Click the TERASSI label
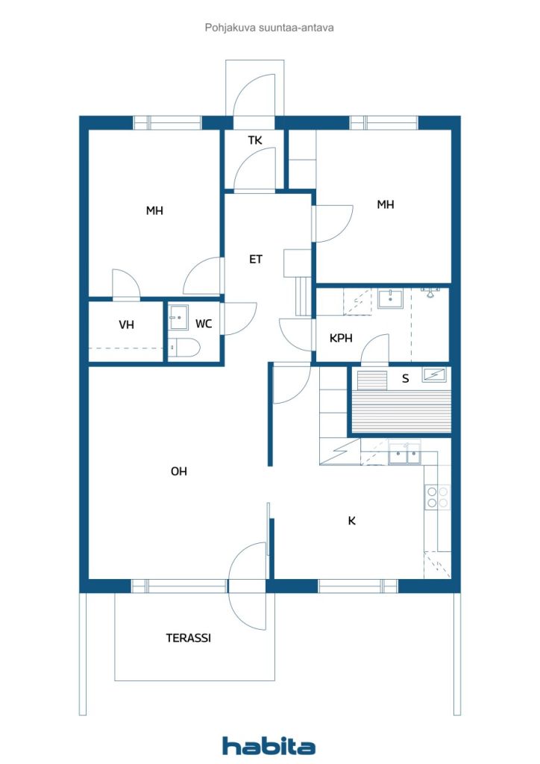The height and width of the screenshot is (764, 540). coord(188,638)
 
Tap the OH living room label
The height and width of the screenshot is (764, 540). coord(179,472)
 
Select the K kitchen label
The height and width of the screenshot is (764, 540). coord(351,521)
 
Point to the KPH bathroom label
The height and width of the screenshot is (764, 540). coord(341,338)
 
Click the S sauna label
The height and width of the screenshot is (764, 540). coord(405,378)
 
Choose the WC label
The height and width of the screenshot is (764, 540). coord(204,324)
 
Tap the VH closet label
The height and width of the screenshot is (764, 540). coord(126,325)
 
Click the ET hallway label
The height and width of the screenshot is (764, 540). coord(256,259)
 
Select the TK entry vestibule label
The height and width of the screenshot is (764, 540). coord(255,140)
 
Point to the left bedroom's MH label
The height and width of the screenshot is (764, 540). coord(154,210)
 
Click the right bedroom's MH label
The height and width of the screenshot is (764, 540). coord(385,204)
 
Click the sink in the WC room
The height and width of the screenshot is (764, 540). coord(178,318)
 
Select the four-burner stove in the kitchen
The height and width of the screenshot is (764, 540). coord(437,498)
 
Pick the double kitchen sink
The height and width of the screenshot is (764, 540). coord(405,454)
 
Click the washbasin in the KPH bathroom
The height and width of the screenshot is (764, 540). coord(390,298)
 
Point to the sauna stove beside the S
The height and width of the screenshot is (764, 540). coord(433,375)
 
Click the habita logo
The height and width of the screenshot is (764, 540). coord(269,745)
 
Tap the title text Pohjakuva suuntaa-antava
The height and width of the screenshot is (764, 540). coord(269,28)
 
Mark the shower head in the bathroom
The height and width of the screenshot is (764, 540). coord(430,292)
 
